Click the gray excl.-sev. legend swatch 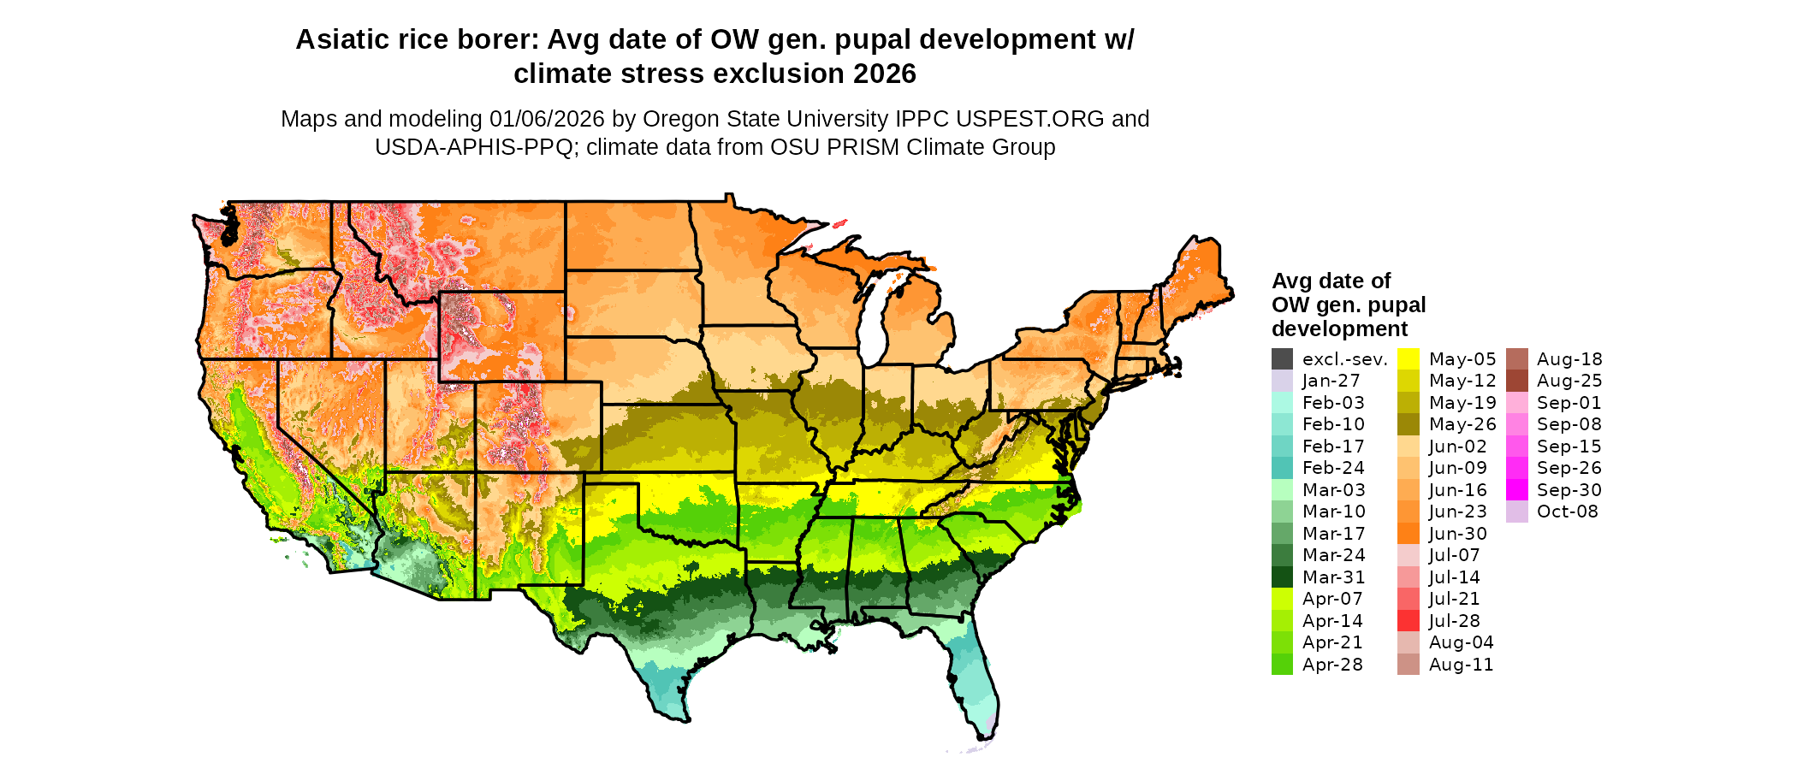[x=1282, y=359]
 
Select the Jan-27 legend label [x=1331, y=381]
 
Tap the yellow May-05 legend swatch [x=1409, y=359]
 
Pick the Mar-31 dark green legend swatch [x=1282, y=577]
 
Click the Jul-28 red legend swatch [x=1409, y=621]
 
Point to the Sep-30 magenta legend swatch [x=1516, y=490]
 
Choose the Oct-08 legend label [x=1567, y=512]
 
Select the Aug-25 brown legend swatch [x=1516, y=381]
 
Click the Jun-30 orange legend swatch [x=1409, y=534]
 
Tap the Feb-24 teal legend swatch [x=1282, y=468]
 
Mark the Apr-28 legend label [x=1332, y=665]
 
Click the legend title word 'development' [x=1339, y=329]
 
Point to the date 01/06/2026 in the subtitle [x=547, y=119]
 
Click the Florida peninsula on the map [x=976, y=684]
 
